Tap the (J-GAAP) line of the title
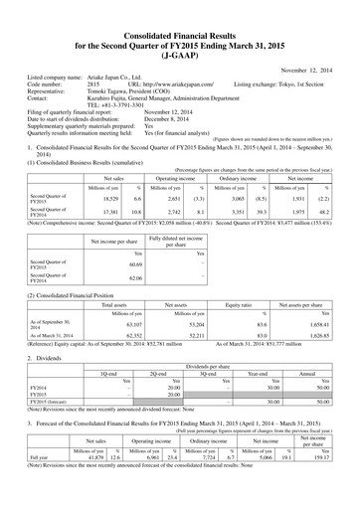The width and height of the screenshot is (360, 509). (179, 33)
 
